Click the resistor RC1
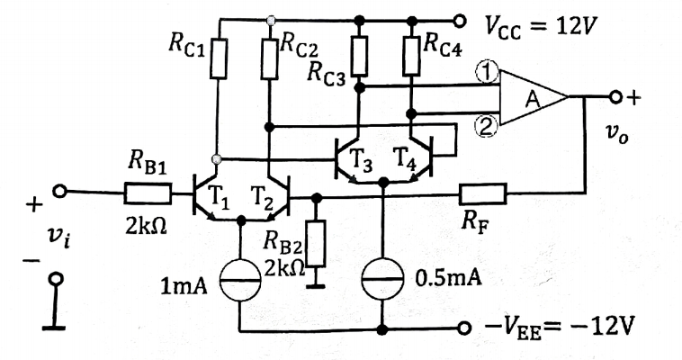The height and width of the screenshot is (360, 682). tap(219, 58)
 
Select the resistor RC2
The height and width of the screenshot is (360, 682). tap(270, 58)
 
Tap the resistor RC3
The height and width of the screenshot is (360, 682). tap(359, 55)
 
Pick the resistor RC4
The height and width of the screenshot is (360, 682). tap(411, 55)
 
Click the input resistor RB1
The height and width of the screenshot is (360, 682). tap(148, 193)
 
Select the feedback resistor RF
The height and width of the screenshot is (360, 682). tap(483, 193)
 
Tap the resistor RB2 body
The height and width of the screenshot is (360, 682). tap(317, 243)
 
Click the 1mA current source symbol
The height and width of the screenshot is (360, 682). tap(240, 280)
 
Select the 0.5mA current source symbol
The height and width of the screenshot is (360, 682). tap(383, 280)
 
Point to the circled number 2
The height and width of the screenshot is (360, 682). tap(485, 127)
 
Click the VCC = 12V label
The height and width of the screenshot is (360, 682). tap(539, 28)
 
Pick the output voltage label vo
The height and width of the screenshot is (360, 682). tap(617, 136)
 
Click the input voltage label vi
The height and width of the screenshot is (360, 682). tap(58, 238)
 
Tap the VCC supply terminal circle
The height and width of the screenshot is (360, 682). tap(460, 20)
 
